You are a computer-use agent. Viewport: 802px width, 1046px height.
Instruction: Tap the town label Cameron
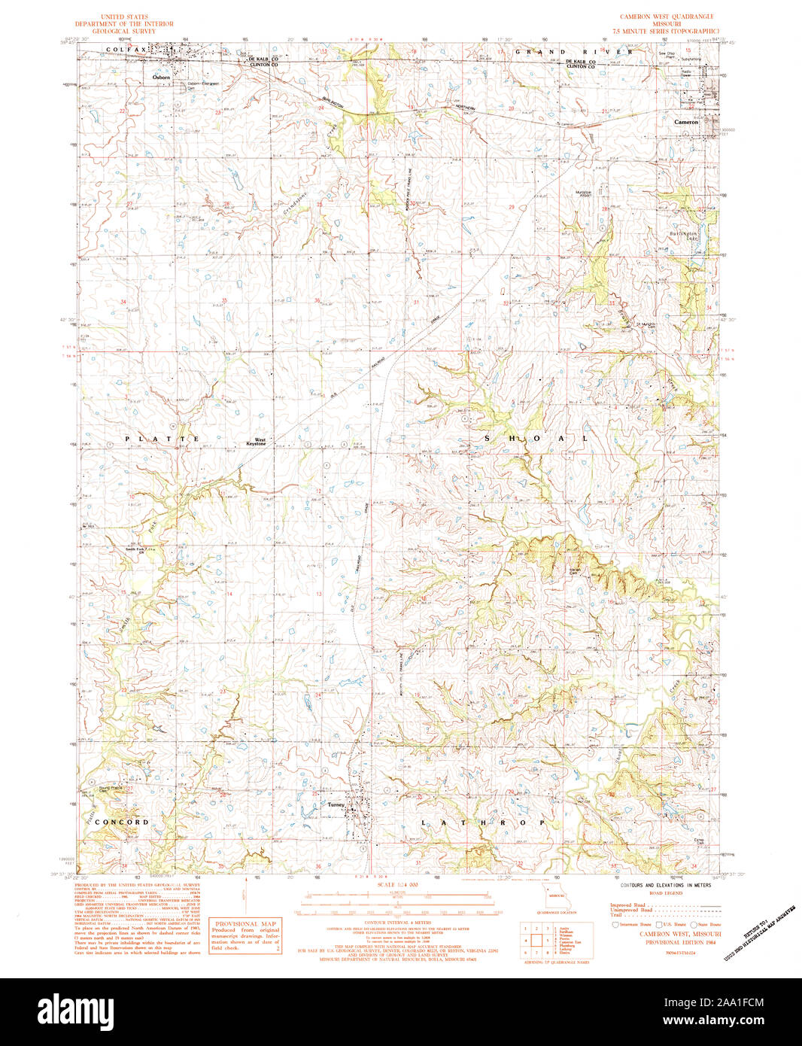pyautogui.click(x=686, y=121)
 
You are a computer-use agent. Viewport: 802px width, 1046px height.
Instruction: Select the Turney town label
pyautogui.click(x=336, y=804)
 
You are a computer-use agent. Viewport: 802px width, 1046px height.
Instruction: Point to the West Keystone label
pyautogui.click(x=260, y=442)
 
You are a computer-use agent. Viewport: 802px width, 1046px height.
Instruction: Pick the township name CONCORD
pyautogui.click(x=122, y=822)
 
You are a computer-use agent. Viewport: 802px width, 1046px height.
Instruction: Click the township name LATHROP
pyautogui.click(x=482, y=823)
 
